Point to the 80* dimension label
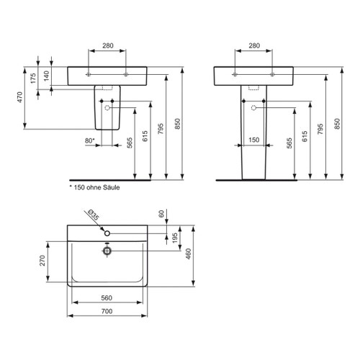coord(89,140)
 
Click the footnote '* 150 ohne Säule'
coord(94,187)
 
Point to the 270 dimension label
coord(42,260)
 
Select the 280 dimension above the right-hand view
coord(254,46)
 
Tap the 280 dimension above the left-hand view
coord(107,46)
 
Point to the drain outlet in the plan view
coord(107,251)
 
